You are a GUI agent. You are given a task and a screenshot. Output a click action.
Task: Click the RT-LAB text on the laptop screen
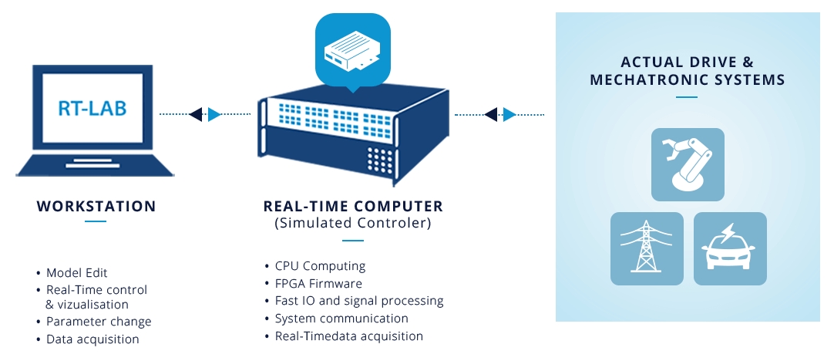92,108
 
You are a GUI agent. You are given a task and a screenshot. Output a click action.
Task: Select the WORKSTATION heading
96,206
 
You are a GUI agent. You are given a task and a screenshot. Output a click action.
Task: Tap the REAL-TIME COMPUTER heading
353,206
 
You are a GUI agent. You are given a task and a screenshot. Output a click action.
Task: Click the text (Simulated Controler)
353,224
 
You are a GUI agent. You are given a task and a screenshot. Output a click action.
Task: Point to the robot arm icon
688,164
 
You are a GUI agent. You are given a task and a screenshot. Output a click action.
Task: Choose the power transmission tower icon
647,248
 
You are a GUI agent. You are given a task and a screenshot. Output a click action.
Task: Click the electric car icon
730,248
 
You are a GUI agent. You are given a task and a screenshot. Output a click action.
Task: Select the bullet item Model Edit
76,273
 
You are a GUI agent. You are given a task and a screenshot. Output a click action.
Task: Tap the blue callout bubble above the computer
353,50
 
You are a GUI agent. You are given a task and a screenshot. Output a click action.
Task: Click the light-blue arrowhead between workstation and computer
214,114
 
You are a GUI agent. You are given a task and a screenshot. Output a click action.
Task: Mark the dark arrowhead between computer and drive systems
490,114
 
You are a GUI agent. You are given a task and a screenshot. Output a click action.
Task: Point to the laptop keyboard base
95,165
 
